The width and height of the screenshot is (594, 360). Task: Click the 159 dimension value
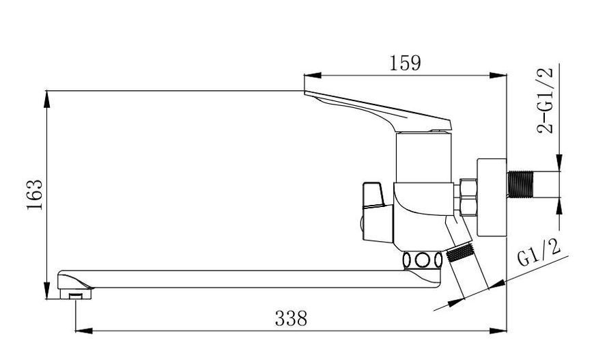405,64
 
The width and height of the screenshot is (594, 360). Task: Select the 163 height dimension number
35,195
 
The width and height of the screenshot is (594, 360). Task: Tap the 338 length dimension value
291,318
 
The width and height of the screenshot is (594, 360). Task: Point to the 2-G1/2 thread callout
546,100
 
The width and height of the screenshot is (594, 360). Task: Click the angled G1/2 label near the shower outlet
539,253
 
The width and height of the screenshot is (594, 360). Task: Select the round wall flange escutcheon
492,197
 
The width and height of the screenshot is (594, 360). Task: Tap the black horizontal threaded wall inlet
520,184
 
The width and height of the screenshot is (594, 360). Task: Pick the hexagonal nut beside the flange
468,197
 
